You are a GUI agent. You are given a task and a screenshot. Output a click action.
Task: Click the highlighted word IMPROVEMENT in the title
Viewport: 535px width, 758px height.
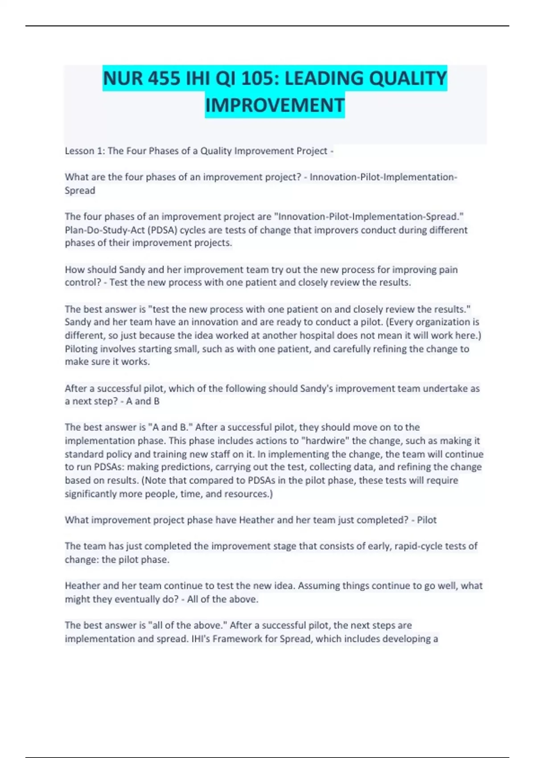(x=275, y=106)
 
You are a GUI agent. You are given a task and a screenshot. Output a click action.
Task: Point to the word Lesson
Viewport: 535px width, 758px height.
(x=80, y=151)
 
